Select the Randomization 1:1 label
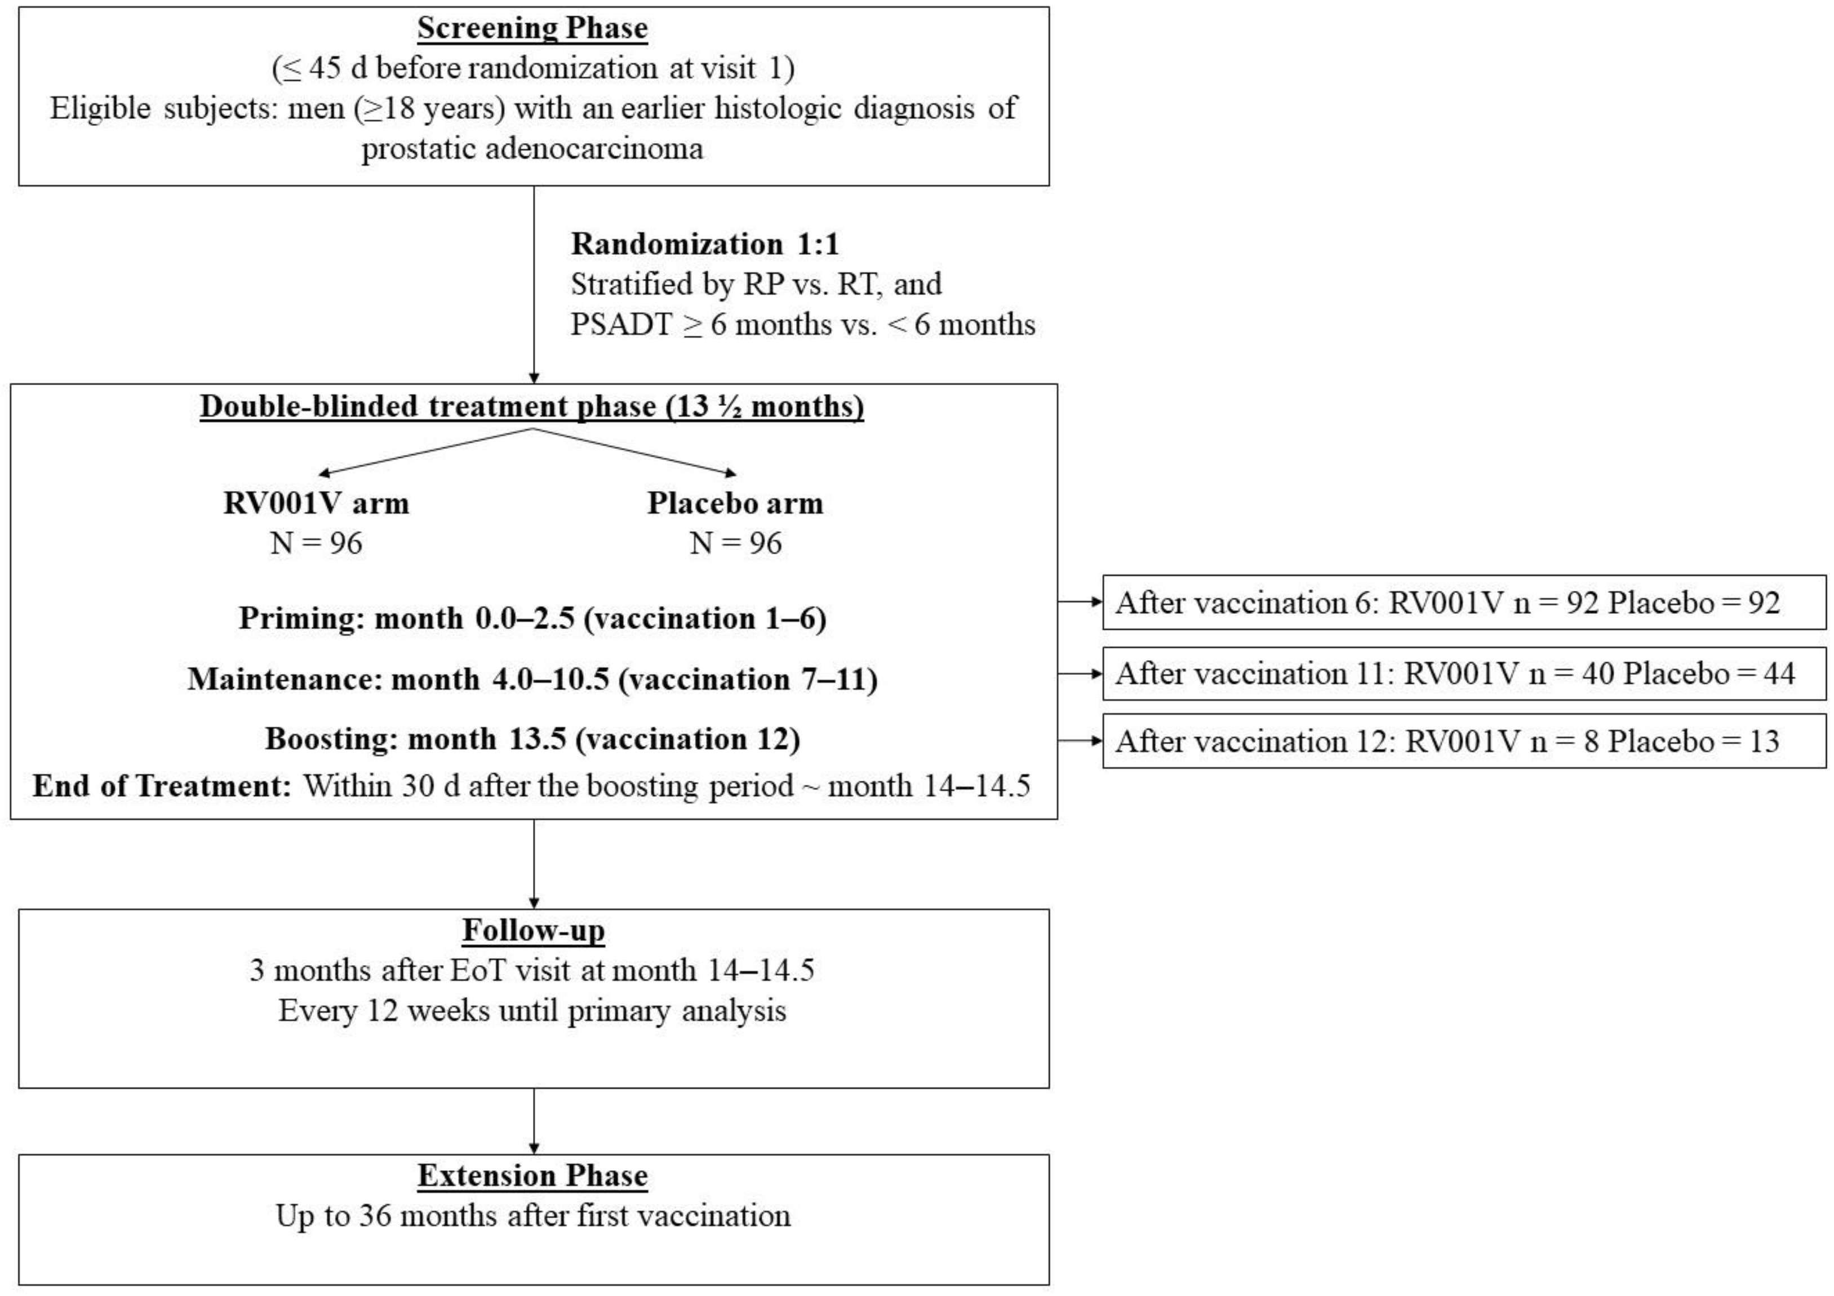[704, 244]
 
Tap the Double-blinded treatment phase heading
[532, 406]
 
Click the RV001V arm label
[316, 503]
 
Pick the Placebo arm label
[735, 503]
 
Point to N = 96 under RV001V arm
[316, 543]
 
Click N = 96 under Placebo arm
[735, 543]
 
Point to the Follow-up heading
[534, 931]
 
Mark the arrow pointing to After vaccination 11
[1080, 674]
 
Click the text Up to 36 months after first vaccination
[533, 1216]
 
